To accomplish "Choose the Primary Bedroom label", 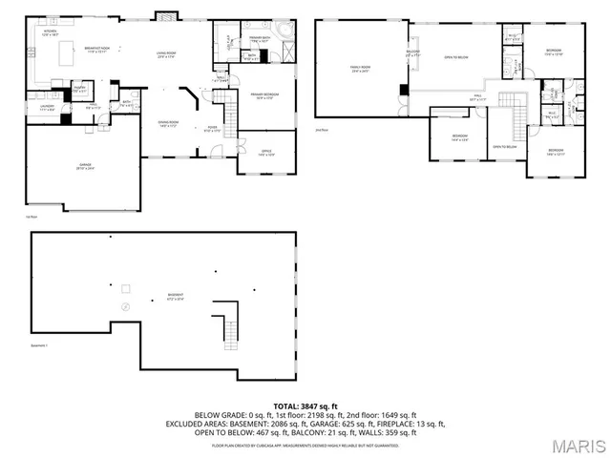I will (263, 96).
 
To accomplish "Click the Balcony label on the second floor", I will (412, 53).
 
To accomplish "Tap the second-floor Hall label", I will (478, 97).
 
